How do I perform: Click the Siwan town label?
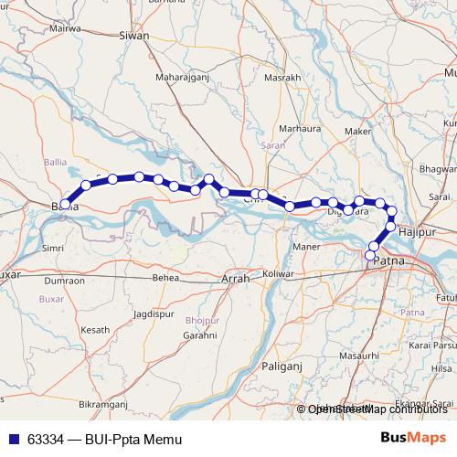click(x=134, y=36)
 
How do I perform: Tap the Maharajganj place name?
click(x=183, y=77)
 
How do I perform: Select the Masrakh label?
click(x=282, y=78)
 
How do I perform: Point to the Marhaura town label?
click(x=299, y=129)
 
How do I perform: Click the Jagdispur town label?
click(x=153, y=314)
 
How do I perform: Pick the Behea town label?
click(x=165, y=277)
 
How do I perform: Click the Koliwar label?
click(x=277, y=274)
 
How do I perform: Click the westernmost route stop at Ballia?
click(x=64, y=204)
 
